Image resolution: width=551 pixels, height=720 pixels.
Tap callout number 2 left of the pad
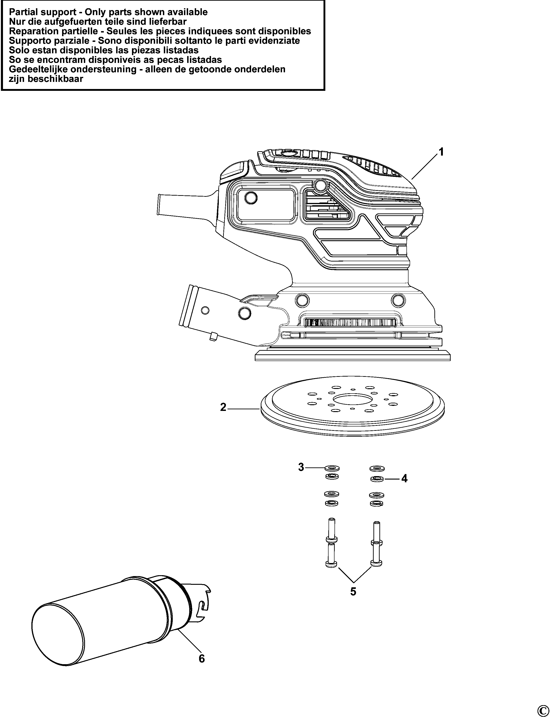[x=223, y=407]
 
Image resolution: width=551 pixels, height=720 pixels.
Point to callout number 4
[x=404, y=479]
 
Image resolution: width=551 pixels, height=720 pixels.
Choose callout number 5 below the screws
[x=353, y=592]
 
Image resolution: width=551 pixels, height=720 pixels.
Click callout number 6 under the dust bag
[x=202, y=658]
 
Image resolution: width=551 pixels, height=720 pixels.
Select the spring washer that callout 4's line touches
[x=377, y=479]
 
